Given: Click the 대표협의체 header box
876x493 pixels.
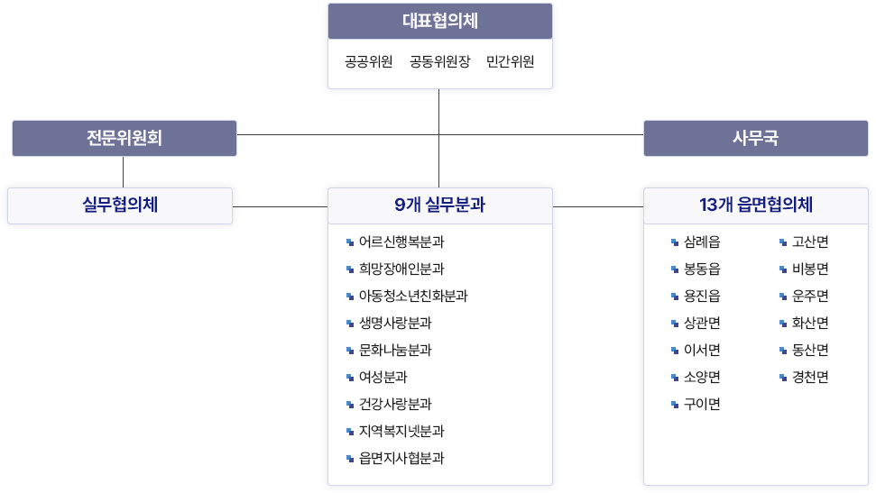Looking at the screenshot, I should [x=439, y=22].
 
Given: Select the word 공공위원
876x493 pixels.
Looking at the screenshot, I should [x=368, y=62].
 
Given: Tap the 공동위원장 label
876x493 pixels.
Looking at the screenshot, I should [x=439, y=62].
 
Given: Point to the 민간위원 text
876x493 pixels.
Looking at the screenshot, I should [x=510, y=62].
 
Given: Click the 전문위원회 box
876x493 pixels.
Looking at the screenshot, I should [x=124, y=139].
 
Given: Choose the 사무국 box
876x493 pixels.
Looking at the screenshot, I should [x=755, y=139].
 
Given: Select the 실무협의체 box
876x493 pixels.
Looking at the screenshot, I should [x=120, y=205].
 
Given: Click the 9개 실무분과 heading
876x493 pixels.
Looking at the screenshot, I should [x=439, y=205].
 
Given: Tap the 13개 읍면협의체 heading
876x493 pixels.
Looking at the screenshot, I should [x=755, y=205].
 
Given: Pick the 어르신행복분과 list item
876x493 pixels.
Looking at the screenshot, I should [x=401, y=242].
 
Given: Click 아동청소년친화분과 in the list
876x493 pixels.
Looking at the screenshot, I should [x=413, y=297].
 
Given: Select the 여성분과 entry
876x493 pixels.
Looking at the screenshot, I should [x=383, y=378].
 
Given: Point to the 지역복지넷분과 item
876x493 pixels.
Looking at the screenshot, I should [x=401, y=432].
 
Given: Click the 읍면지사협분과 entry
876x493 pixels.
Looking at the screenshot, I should [x=401, y=459].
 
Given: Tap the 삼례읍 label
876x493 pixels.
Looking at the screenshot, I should [x=702, y=242].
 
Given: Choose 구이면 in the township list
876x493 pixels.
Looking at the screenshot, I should [x=702, y=405].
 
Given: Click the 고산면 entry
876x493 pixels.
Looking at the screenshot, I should [x=810, y=242].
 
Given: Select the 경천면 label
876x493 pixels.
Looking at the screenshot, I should [x=810, y=378].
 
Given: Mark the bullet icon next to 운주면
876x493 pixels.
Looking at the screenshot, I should [x=783, y=297].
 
